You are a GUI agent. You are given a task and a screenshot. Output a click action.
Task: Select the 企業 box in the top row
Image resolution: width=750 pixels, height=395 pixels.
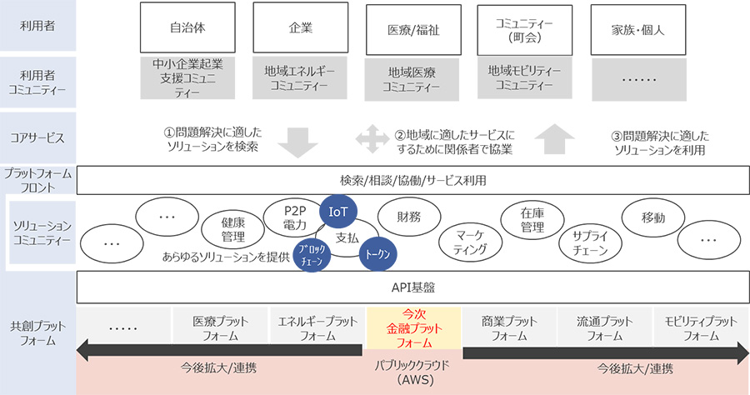(x=300, y=27)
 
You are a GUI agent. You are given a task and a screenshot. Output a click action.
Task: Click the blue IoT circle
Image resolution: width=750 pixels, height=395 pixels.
(x=338, y=213)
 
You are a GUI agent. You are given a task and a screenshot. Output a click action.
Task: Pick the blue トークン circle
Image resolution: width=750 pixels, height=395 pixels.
(x=377, y=254)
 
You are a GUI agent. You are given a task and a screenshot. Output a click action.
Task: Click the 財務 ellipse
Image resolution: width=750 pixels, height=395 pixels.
(x=409, y=217)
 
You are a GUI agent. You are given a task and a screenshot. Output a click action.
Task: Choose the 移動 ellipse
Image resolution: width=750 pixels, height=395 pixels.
(x=654, y=218)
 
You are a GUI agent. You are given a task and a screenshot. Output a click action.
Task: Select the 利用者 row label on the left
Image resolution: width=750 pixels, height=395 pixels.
(x=38, y=25)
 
